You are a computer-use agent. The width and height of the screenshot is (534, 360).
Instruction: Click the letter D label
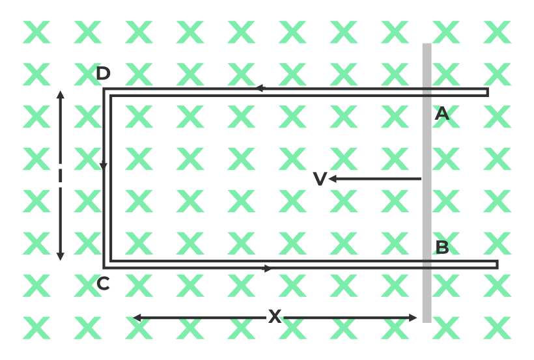pyautogui.click(x=103, y=73)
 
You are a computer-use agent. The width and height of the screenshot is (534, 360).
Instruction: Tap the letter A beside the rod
pyautogui.click(x=442, y=113)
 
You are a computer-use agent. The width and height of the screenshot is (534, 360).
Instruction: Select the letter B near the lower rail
pyautogui.click(x=442, y=247)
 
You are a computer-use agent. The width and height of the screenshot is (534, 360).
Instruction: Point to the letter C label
pyautogui.click(x=103, y=284)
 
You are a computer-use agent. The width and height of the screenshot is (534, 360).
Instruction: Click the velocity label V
pyautogui.click(x=320, y=179)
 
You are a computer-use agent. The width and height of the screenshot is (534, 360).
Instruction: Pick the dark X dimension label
pyautogui.click(x=275, y=316)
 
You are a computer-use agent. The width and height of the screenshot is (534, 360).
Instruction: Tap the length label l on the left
pyautogui.click(x=61, y=176)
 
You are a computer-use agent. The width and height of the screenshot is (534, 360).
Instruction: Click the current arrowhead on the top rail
pyautogui.click(x=259, y=89)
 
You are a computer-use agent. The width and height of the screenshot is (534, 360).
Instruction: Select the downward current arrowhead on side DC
pyautogui.click(x=104, y=166)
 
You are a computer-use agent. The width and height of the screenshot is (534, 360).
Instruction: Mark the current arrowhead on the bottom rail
pyautogui.click(x=268, y=268)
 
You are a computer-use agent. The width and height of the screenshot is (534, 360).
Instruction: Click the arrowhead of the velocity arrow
pyautogui.click(x=332, y=179)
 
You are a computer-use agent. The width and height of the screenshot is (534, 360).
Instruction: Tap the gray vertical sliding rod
pyautogui.click(x=427, y=183)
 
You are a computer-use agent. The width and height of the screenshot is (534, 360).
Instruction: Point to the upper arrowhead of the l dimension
pyautogui.click(x=61, y=95)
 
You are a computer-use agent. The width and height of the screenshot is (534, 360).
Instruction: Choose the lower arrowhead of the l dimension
pyautogui.click(x=61, y=256)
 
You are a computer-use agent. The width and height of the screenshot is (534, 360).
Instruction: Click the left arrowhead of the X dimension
pyautogui.click(x=137, y=318)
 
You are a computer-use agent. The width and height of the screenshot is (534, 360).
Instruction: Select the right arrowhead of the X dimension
pyautogui.click(x=412, y=318)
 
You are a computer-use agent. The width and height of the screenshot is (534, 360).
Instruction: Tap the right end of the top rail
pyautogui.click(x=488, y=92)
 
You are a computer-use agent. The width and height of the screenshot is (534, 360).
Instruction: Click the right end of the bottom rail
pyautogui.click(x=497, y=265)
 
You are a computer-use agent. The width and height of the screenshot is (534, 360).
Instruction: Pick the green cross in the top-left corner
pyautogui.click(x=36, y=32)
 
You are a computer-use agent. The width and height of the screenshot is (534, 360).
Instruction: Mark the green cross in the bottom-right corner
pyautogui.click(x=498, y=328)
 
